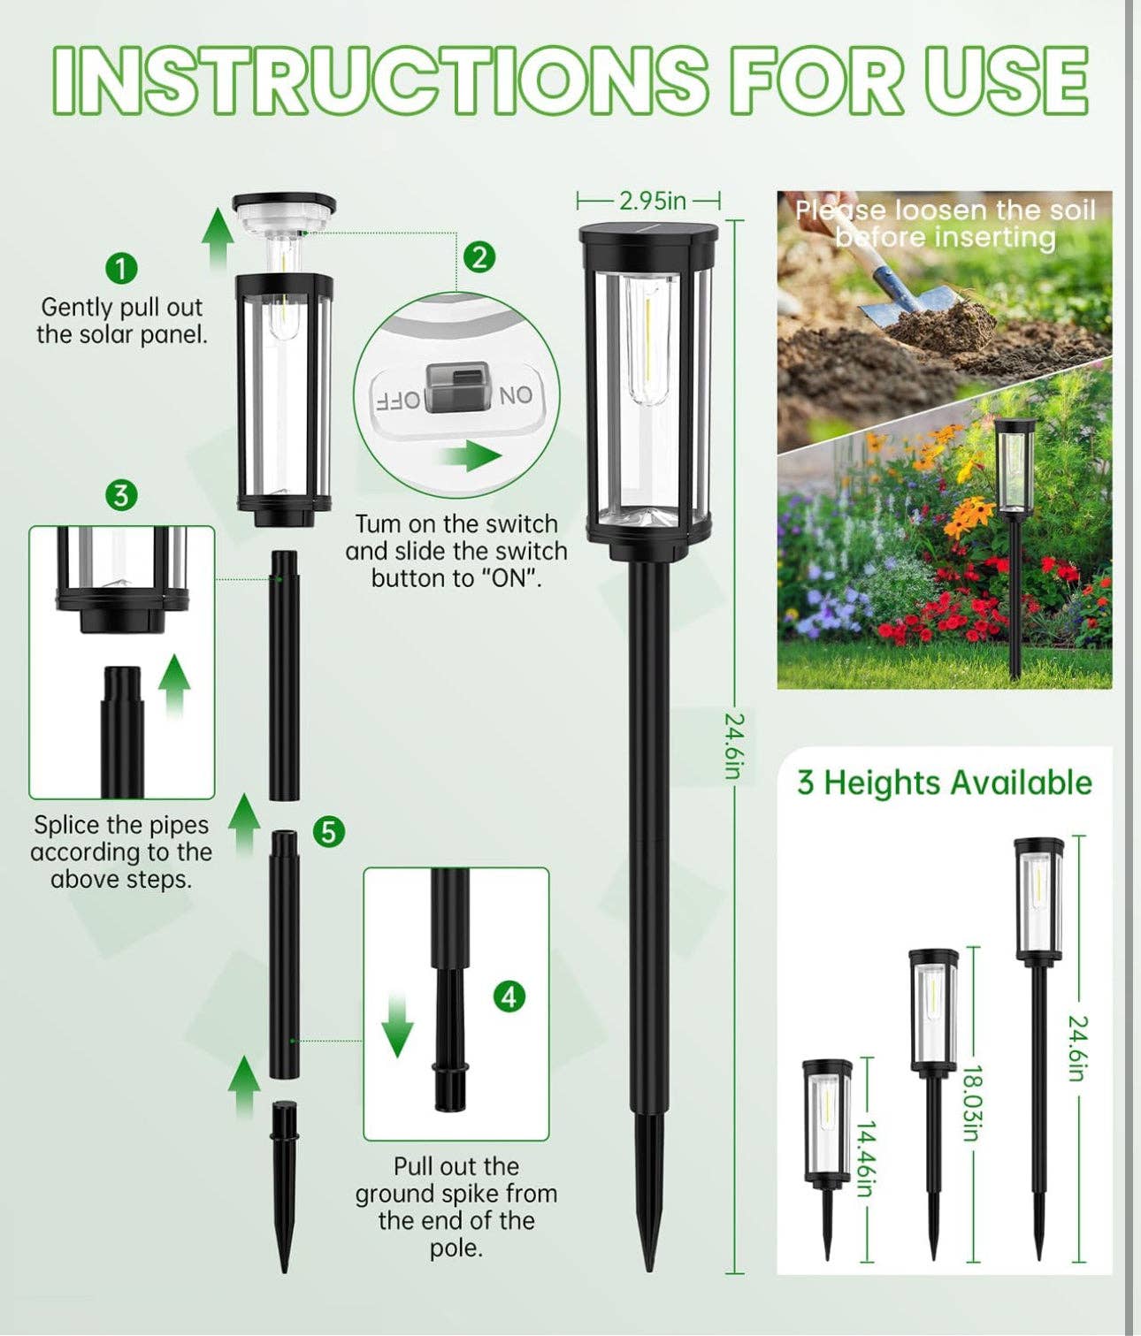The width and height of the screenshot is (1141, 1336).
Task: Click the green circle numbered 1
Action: (x=121, y=267)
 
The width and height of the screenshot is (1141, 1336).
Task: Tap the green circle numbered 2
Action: (x=479, y=257)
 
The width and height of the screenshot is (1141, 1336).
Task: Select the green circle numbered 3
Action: (x=121, y=494)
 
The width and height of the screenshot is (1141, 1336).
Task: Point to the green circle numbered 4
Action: (x=509, y=996)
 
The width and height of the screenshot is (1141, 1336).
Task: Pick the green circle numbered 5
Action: (x=328, y=832)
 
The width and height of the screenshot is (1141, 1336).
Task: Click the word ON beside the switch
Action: (x=517, y=395)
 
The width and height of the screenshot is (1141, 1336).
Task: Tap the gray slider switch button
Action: (x=457, y=387)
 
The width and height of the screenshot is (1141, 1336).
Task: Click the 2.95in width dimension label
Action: (x=652, y=201)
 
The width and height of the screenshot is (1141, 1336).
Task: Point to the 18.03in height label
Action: (x=971, y=1103)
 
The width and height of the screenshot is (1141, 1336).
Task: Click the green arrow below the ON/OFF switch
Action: (x=471, y=456)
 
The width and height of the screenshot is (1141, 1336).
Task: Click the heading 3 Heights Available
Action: (x=944, y=783)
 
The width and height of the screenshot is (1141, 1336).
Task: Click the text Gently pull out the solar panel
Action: (x=121, y=320)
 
